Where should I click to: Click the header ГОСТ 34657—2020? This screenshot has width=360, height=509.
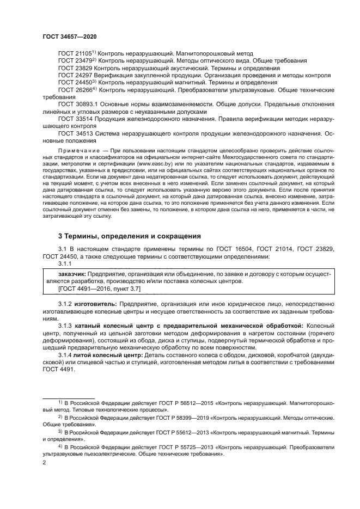tap(70, 36)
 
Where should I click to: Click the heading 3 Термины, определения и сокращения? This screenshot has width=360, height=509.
tap(130, 237)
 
